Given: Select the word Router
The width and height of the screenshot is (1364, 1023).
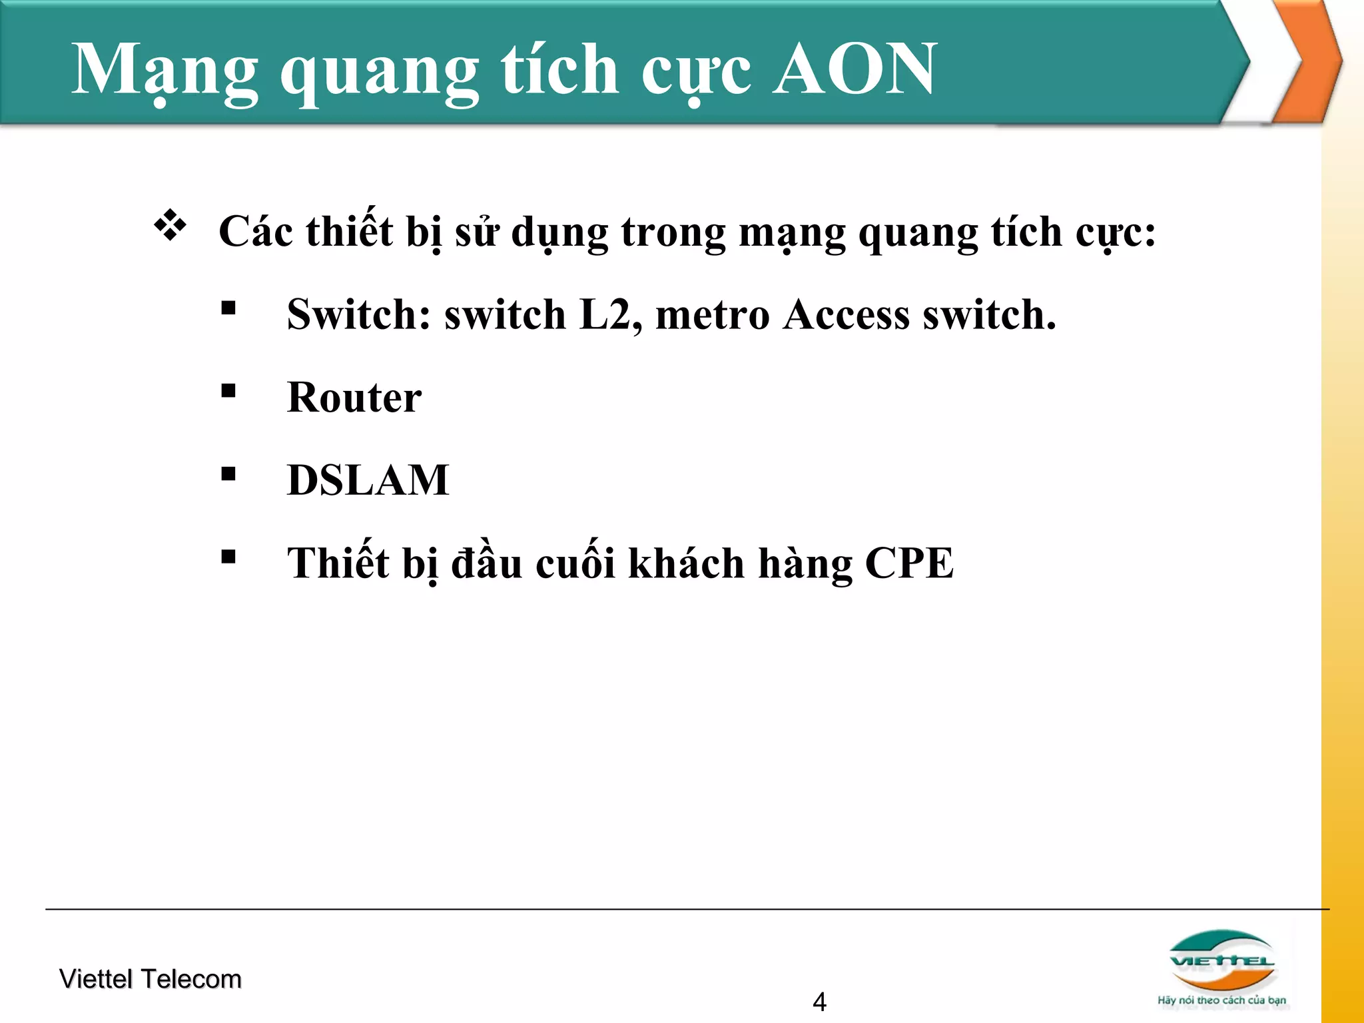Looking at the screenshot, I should tap(354, 398).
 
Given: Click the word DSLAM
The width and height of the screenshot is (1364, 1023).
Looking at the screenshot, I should tap(368, 480).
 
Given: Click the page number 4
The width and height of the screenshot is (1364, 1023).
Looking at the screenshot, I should tap(819, 1002).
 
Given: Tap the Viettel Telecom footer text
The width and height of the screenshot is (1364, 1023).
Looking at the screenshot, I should tap(150, 979).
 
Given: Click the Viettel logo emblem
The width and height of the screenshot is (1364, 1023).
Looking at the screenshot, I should tap(1221, 960).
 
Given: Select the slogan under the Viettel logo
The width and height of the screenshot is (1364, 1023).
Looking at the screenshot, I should tap(1221, 1000).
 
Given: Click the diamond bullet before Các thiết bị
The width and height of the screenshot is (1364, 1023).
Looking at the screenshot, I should tap(170, 225).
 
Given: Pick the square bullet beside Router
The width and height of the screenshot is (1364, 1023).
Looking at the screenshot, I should tap(228, 391).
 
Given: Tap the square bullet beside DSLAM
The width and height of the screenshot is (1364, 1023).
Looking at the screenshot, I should tap(228, 474).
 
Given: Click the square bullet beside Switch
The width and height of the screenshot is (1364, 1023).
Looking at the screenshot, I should tap(228, 308).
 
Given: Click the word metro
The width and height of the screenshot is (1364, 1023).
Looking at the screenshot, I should tap(712, 316).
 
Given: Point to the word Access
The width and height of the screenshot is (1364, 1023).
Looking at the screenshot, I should tap(846, 314).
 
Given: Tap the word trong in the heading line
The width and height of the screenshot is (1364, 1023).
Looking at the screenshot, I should tap(673, 233).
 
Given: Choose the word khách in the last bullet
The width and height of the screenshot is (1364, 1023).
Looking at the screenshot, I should tap(686, 563).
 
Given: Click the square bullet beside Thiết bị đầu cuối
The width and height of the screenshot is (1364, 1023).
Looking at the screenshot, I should tap(228, 557).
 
